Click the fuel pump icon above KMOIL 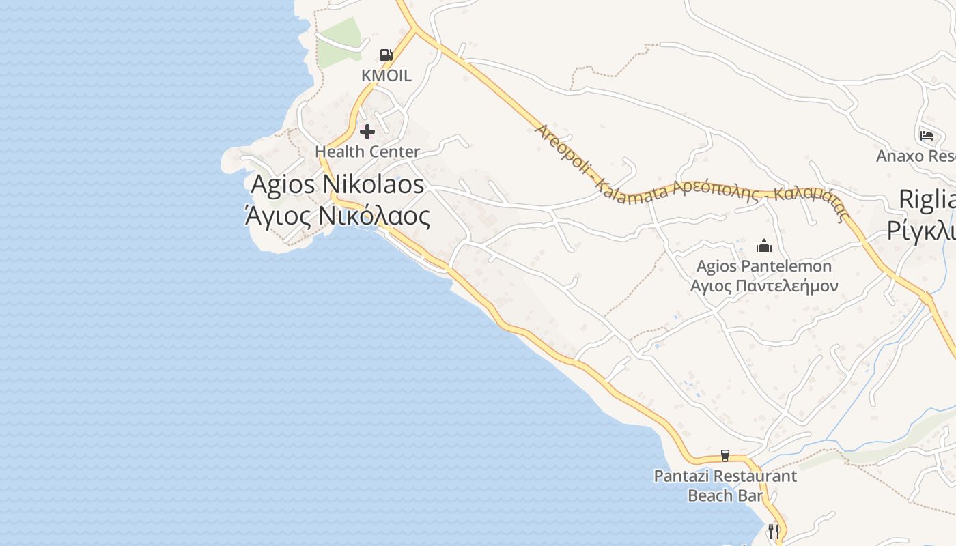pos(386,55)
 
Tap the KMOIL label pos(386,76)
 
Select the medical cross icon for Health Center pos(367,132)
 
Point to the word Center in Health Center pos(393,152)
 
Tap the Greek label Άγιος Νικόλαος pos(338,216)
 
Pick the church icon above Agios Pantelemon pos(763,246)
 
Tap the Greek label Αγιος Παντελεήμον pos(763,286)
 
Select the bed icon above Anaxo pos(927,135)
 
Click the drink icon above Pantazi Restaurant pos(725,456)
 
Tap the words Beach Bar pos(725,495)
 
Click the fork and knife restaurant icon pos(774,530)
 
